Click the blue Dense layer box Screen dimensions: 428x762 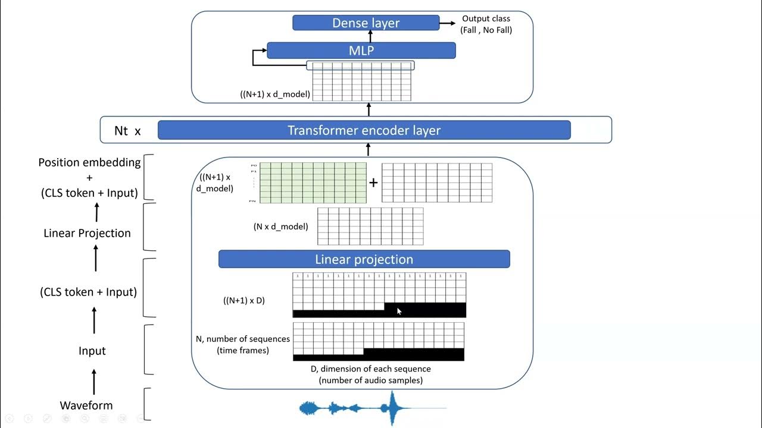point(366,23)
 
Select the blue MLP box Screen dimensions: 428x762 point(361,51)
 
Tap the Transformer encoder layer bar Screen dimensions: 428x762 point(364,130)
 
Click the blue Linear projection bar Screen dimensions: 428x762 point(364,259)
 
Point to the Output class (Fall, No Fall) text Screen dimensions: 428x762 point(486,24)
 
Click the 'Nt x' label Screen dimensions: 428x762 point(127,131)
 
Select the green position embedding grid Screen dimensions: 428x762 point(313,182)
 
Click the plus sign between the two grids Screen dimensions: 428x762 point(373,182)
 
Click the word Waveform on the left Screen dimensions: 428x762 point(86,405)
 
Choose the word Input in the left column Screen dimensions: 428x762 point(92,351)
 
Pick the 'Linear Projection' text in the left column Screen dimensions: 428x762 point(87,233)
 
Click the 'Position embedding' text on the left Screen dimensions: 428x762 point(89,162)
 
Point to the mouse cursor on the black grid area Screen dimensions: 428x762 point(398,310)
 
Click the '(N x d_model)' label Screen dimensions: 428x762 point(281,226)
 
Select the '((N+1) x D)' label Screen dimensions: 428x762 point(244,300)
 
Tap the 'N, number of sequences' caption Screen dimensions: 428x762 point(243,339)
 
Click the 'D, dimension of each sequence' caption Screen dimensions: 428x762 point(370,369)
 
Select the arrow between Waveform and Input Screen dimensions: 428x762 point(93,380)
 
